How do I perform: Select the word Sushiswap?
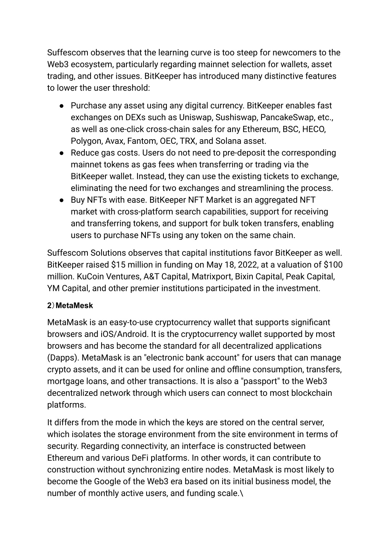pyautogui.click(x=236, y=117)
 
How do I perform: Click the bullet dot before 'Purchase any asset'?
pyautogui.click(x=61, y=106)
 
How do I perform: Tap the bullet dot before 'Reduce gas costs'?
pyautogui.click(x=61, y=153)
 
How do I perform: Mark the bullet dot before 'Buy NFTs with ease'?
pyautogui.click(x=61, y=200)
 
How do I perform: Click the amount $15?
pyautogui.click(x=117, y=265)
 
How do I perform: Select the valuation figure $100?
pyautogui.click(x=333, y=265)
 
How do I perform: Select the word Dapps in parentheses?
pyautogui.click(x=63, y=358)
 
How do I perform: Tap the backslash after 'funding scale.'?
pyautogui.click(x=241, y=493)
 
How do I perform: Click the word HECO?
pyautogui.click(x=314, y=129)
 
